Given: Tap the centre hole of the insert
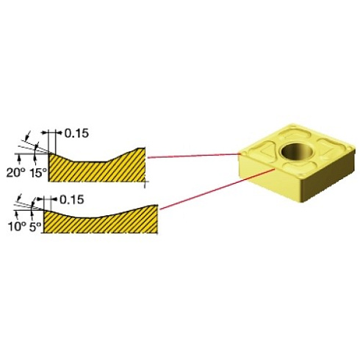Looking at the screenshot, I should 298,151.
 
